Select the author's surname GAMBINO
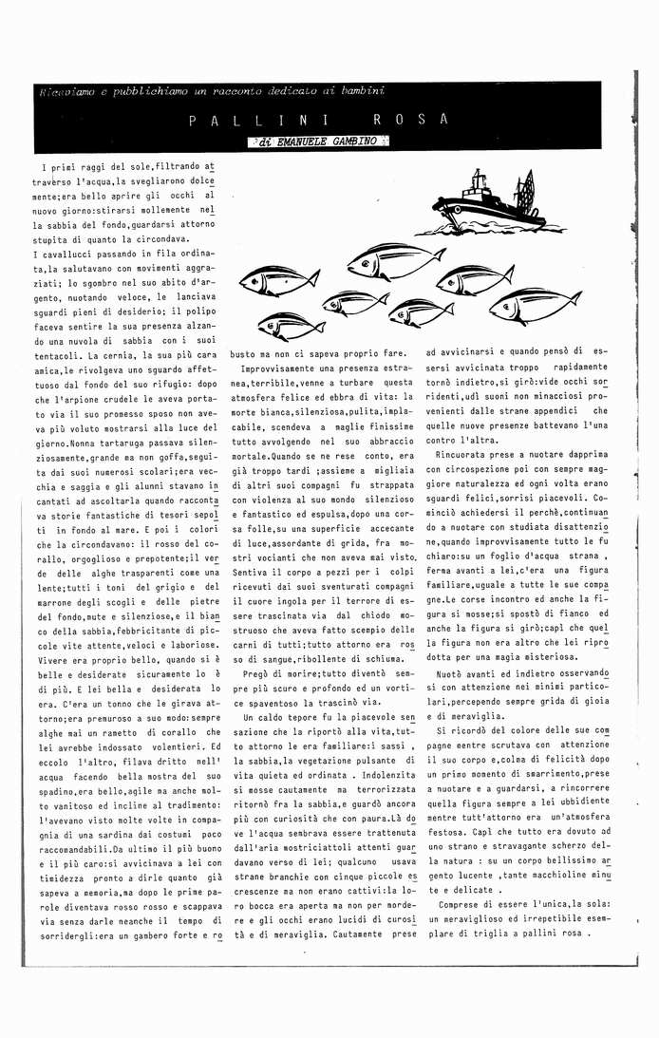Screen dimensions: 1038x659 point(353,142)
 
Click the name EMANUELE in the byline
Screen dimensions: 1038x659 point(300,142)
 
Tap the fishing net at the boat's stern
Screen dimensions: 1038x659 point(523,191)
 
